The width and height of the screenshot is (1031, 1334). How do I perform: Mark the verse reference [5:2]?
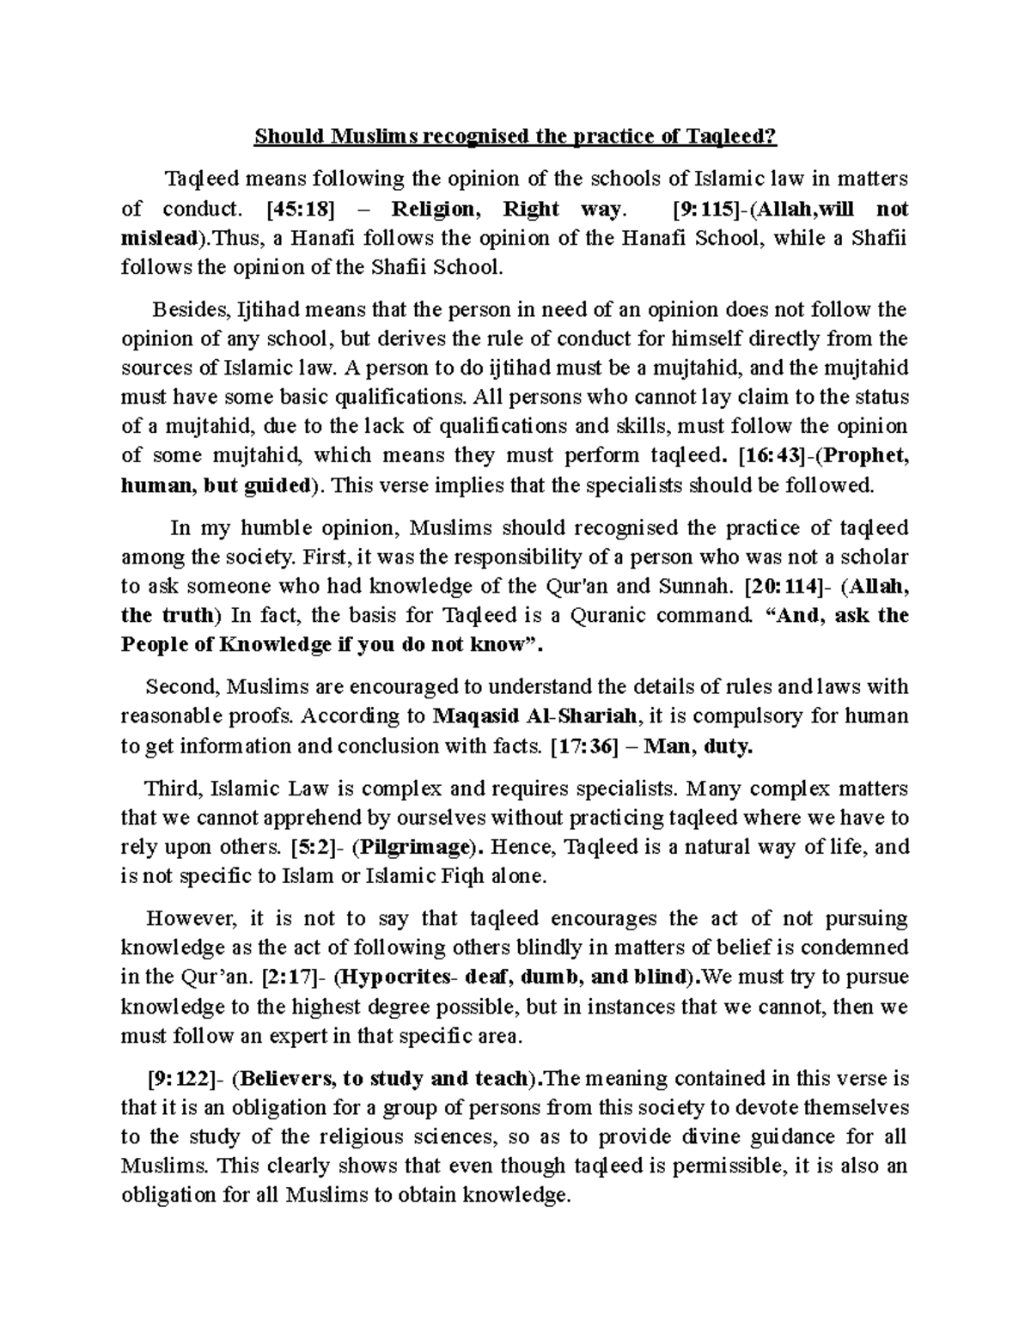pos(305,848)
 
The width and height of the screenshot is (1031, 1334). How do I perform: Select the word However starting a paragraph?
pos(190,919)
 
